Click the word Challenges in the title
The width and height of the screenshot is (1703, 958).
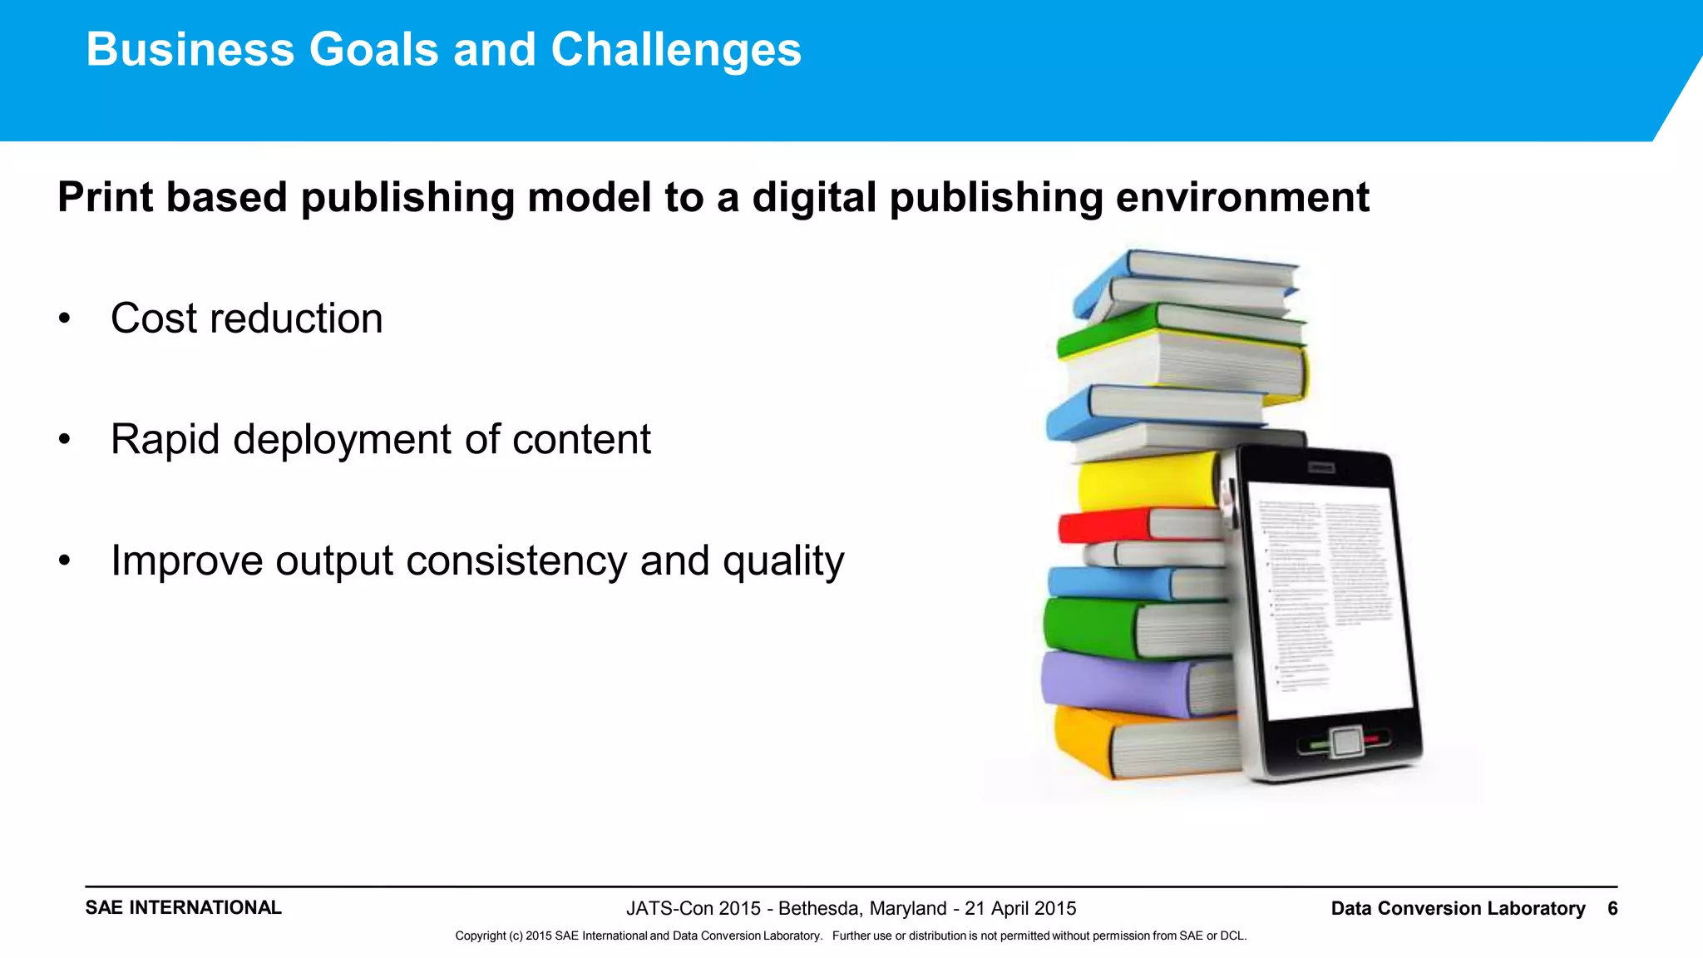675,50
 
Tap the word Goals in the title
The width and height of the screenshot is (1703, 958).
373,50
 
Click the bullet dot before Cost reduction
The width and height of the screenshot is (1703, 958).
65,319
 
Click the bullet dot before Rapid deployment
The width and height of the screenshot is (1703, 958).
65,440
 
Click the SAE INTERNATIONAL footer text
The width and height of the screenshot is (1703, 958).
183,907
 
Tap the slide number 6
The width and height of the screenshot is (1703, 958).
1612,908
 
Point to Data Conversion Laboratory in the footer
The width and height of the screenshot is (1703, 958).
1458,908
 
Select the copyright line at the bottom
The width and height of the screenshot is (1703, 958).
851,936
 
